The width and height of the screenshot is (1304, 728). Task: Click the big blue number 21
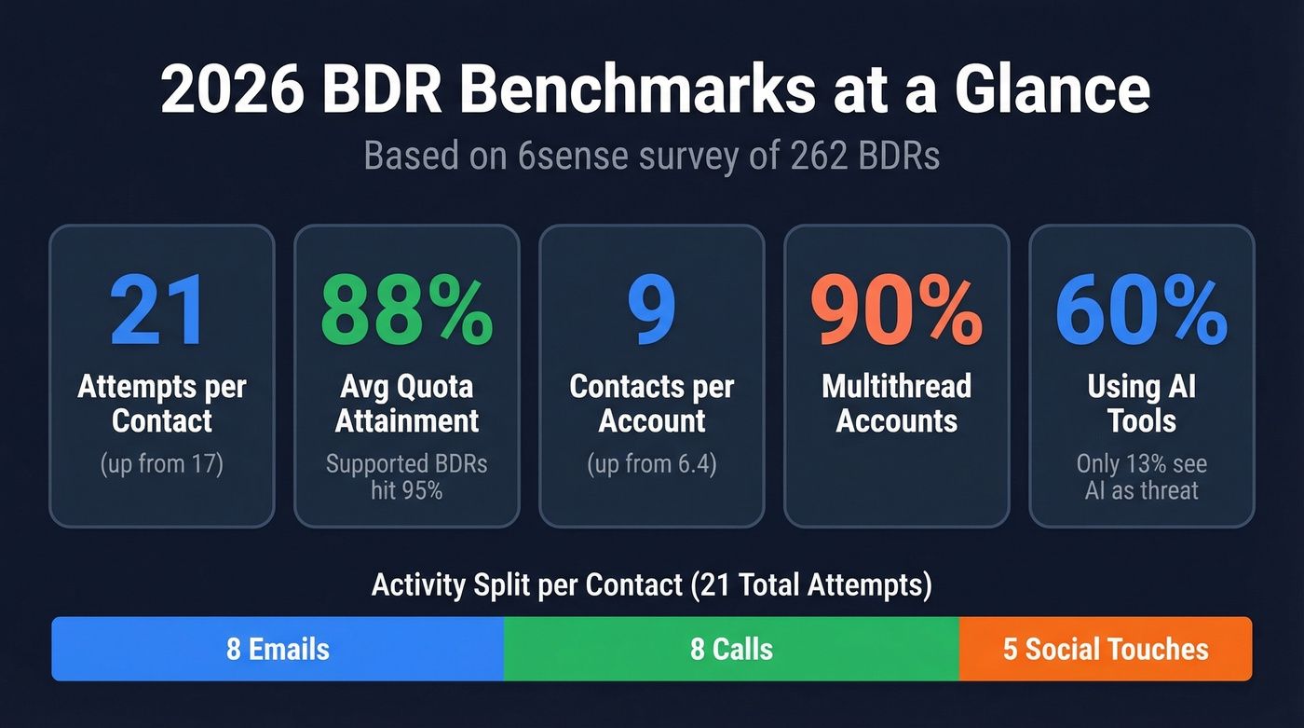click(159, 310)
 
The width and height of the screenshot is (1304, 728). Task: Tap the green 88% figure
click(407, 310)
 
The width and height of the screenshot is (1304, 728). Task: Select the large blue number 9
click(651, 310)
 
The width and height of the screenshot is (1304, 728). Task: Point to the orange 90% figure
click(896, 310)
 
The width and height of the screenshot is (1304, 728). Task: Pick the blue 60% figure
click(1141, 310)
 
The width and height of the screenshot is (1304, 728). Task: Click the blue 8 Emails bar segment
click(278, 649)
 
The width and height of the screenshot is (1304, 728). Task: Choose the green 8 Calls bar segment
click(731, 649)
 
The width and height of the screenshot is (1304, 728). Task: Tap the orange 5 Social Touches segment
click(1106, 649)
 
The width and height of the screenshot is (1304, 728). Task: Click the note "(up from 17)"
click(162, 463)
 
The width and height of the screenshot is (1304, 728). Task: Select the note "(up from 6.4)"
click(652, 463)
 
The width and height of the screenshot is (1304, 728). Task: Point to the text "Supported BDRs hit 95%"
click(407, 475)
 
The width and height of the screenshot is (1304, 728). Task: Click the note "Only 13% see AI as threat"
click(1142, 475)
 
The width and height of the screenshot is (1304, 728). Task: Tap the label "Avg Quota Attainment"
click(407, 403)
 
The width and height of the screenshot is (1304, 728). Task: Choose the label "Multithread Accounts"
click(896, 403)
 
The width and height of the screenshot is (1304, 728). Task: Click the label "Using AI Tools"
click(1142, 403)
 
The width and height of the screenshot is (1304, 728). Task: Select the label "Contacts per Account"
click(652, 403)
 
